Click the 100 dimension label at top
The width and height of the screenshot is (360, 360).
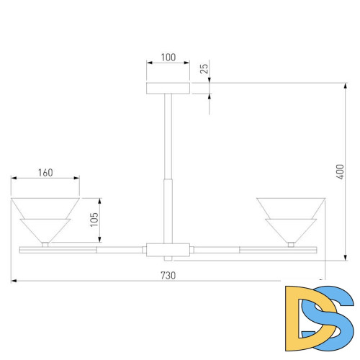point(168,56)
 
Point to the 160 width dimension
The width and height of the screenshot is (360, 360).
point(45,172)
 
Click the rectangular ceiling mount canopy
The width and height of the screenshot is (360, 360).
point(168,88)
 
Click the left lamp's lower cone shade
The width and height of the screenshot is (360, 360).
point(45,229)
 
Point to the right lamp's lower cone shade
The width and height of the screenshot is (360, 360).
point(291,229)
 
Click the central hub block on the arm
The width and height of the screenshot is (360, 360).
point(168,250)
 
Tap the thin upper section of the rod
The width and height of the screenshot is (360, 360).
point(168,137)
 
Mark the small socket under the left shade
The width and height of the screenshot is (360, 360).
point(45,244)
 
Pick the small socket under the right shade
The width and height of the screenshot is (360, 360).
point(291,244)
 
